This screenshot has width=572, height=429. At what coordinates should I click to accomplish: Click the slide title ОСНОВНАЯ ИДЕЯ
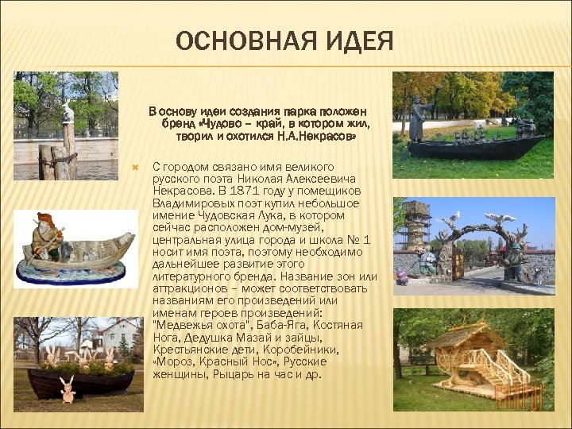[x=284, y=41]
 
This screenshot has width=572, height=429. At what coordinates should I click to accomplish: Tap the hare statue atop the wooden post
[x=68, y=110]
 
